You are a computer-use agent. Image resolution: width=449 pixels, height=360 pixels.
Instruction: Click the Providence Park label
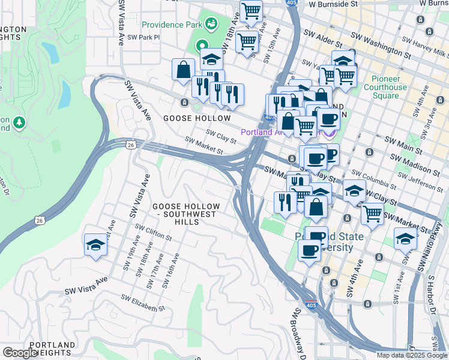tap(172, 25)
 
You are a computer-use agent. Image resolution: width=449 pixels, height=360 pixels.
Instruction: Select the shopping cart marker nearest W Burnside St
tap(251, 11)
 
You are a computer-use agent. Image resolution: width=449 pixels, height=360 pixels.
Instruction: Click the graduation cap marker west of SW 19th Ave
tap(95, 245)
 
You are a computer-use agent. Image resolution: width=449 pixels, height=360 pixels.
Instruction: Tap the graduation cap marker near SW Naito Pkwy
tap(406, 239)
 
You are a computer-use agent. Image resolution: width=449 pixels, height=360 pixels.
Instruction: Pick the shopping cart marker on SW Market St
tap(372, 213)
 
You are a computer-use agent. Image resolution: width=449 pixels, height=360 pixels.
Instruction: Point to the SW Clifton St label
tap(153, 232)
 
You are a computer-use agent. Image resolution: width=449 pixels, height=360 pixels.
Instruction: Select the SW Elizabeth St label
tap(142, 303)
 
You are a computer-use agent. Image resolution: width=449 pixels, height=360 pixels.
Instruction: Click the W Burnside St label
tap(333, 4)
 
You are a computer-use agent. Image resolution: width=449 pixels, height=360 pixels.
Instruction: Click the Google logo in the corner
tap(19, 353)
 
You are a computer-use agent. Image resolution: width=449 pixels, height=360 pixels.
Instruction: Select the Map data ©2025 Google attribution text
tap(411, 355)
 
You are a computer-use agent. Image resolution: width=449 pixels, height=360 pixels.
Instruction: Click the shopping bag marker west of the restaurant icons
tap(183, 69)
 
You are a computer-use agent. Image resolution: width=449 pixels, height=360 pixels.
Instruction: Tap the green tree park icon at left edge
tap(19, 122)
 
